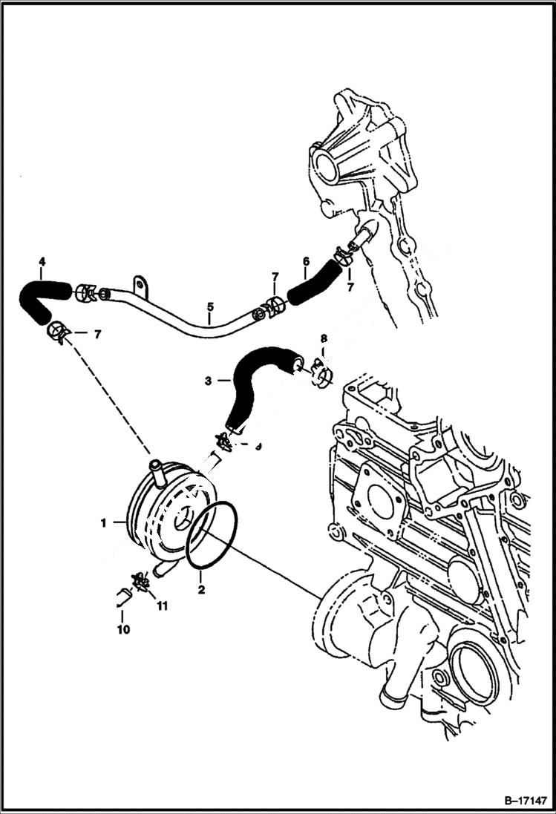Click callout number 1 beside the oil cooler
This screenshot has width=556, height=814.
click(105, 522)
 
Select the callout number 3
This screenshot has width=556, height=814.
click(207, 381)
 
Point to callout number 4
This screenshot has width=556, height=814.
click(42, 261)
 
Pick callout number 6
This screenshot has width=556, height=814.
click(305, 261)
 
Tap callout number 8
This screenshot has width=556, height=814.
click(323, 339)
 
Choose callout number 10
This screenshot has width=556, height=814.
click(123, 629)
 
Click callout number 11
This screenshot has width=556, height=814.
click(162, 605)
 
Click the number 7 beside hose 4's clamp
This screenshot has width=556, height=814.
click(97, 334)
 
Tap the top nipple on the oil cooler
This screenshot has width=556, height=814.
click(157, 469)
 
